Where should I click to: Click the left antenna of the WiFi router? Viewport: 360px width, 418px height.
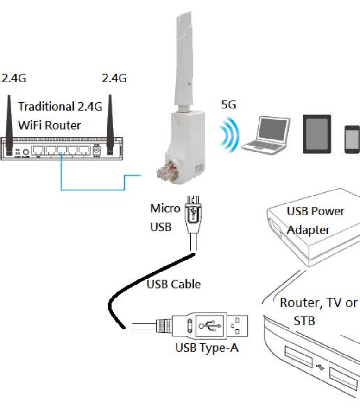click(8, 120)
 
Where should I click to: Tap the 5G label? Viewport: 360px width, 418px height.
click(228, 105)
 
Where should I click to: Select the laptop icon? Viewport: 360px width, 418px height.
click(266, 136)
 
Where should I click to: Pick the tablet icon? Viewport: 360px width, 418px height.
click(317, 134)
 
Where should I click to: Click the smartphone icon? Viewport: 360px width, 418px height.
click(352, 138)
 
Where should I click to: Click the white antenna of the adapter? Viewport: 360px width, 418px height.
click(184, 60)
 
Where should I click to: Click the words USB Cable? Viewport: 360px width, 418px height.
click(174, 284)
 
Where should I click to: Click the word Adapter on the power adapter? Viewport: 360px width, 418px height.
click(308, 230)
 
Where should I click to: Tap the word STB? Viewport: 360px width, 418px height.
click(304, 321)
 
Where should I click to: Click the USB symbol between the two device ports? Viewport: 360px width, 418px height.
click(319, 367)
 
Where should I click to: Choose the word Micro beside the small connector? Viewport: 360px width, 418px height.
click(165, 209)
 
